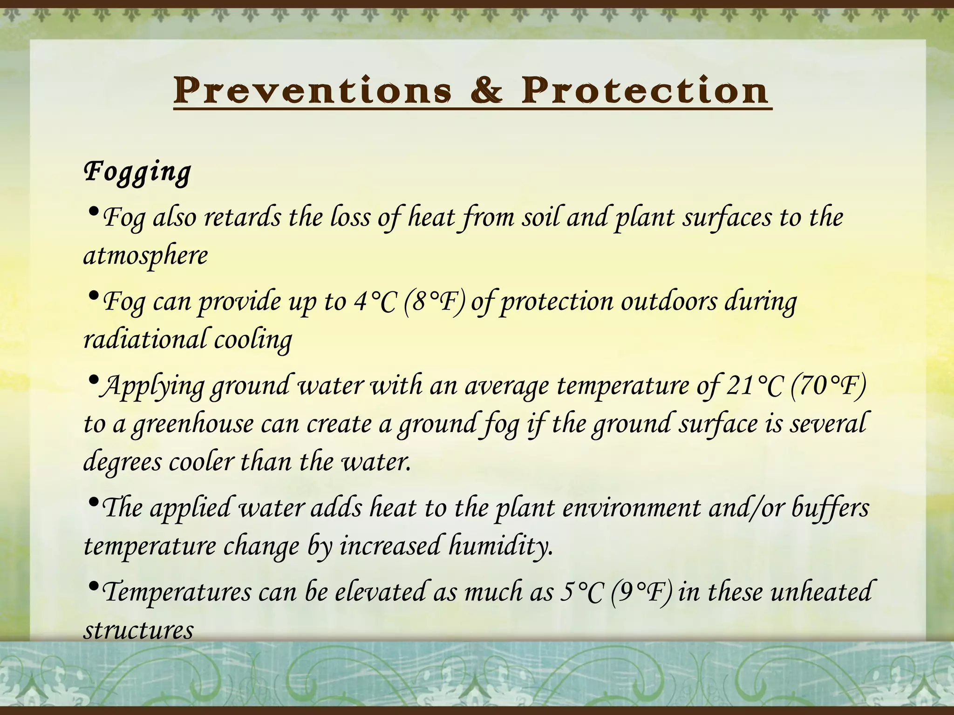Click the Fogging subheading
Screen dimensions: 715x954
(x=137, y=172)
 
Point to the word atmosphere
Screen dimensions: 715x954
(x=145, y=256)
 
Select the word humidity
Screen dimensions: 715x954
(x=501, y=546)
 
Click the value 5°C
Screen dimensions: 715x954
(x=580, y=592)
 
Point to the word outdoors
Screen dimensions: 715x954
(x=669, y=302)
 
